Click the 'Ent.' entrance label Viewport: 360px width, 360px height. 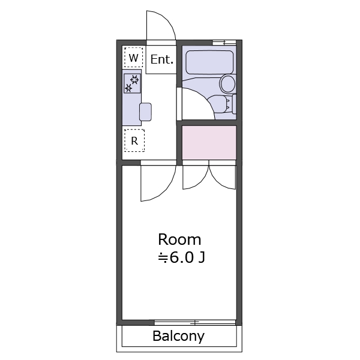pyautogui.click(x=161, y=59)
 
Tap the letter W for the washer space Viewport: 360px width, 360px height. pyautogui.click(x=134, y=58)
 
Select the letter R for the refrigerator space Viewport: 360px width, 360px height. pyautogui.click(x=134, y=141)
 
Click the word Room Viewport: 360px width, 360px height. pyautogui.click(x=179, y=239)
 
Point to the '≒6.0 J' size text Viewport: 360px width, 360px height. pyautogui.click(x=181, y=257)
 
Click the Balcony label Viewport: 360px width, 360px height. pyautogui.click(x=178, y=336)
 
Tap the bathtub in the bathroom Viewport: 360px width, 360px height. pyautogui.click(x=209, y=62)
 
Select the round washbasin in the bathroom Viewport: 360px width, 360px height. pyautogui.click(x=228, y=84)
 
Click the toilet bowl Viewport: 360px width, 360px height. pyautogui.click(x=219, y=104)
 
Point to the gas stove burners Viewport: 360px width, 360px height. pyautogui.click(x=132, y=83)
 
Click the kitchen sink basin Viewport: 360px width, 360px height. pyautogui.click(x=145, y=112)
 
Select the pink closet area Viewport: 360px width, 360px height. pyautogui.click(x=209, y=142)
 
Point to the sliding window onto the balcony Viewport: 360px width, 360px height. pyautogui.click(x=195, y=323)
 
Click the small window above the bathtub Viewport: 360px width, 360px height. pyautogui.click(x=224, y=43)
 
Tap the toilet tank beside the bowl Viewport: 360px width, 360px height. pyautogui.click(x=234, y=104)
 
